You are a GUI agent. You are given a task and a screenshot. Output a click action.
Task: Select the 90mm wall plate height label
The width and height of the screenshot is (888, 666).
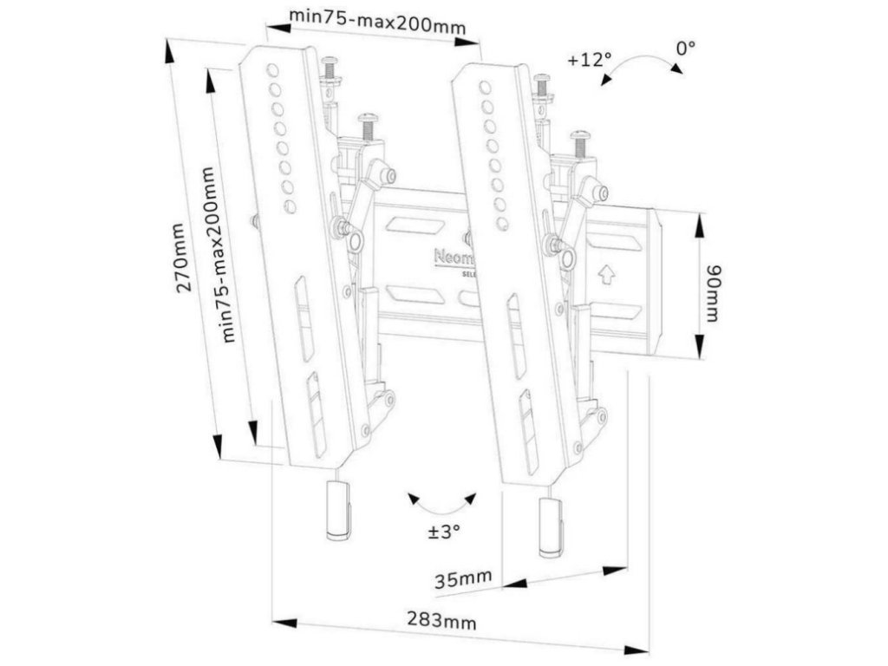711,292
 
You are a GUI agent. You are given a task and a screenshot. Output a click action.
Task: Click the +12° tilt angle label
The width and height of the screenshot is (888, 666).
589,61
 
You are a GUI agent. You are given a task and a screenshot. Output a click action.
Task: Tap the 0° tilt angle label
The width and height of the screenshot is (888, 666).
687,48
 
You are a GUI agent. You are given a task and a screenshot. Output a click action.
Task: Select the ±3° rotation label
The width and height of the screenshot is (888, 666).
442,532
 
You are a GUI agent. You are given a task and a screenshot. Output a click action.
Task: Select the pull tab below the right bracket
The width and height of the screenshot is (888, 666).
551,528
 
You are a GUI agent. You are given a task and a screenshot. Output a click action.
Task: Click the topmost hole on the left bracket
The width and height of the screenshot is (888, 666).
271,70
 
